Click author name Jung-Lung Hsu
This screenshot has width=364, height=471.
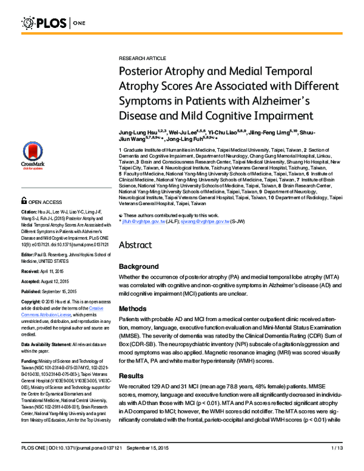click(x=138, y=132)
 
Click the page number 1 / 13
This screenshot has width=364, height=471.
click(x=337, y=464)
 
